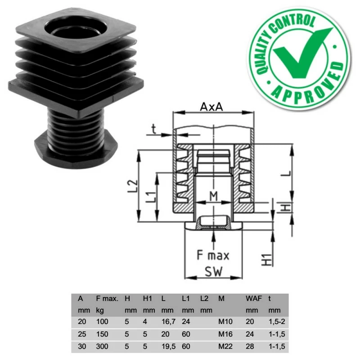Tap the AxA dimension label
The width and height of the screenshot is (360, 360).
(x=212, y=108)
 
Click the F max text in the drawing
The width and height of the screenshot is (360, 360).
(x=213, y=256)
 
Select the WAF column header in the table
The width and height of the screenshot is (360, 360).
(x=254, y=298)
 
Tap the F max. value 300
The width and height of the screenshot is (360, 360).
(x=102, y=347)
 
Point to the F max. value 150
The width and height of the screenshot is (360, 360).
(x=102, y=335)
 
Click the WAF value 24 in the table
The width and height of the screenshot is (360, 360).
(x=250, y=335)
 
